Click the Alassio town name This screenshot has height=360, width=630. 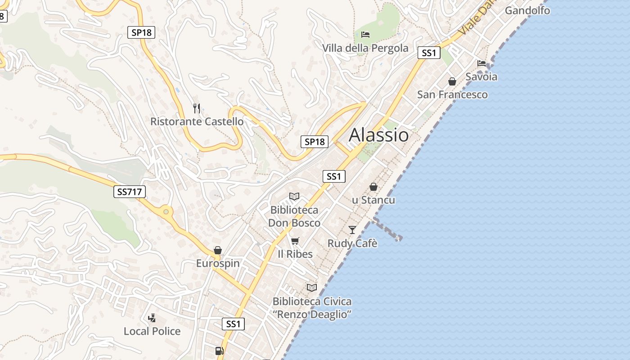[378, 135]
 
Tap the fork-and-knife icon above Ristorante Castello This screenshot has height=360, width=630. [196, 108]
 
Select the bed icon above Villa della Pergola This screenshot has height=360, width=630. [365, 34]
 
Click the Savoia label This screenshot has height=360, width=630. [481, 76]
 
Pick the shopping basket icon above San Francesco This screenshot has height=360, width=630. [452, 81]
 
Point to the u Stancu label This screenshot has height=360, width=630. [373, 200]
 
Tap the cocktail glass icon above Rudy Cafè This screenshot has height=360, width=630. [352, 230]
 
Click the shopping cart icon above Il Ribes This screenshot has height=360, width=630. [295, 241]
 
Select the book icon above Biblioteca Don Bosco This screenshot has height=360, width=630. [294, 196]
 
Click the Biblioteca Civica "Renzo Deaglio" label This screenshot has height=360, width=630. [312, 308]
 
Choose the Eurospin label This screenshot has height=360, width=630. [218, 263]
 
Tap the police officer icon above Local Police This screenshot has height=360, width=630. [152, 318]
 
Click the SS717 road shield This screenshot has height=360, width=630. [130, 192]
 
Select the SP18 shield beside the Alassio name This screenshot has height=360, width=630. [315, 142]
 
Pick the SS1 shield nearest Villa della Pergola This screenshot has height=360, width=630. [428, 53]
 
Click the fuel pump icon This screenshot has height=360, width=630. [220, 351]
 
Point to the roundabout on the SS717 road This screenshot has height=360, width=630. [166, 211]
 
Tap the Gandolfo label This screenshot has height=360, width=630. [527, 10]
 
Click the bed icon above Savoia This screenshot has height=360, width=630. [481, 63]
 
